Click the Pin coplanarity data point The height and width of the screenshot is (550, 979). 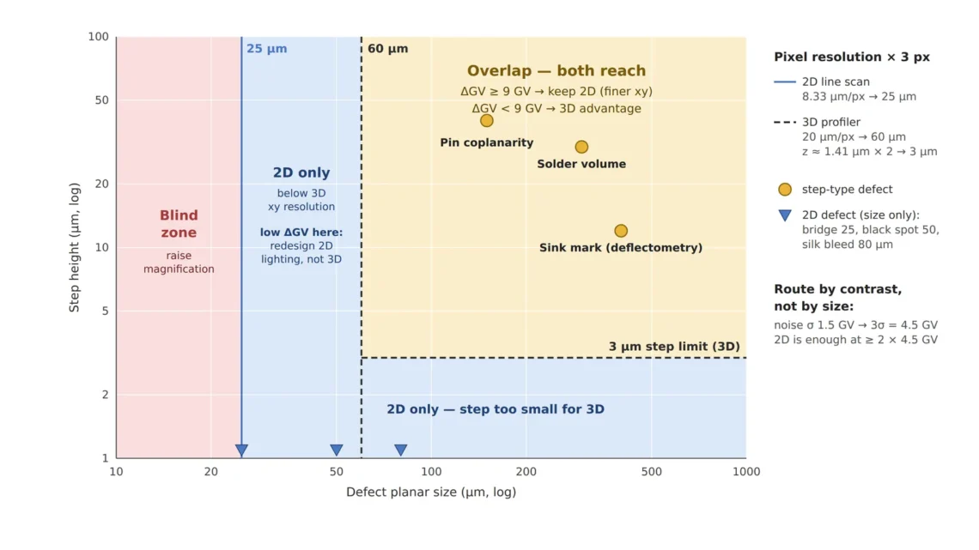point(486,121)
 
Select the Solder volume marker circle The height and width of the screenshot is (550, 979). point(581,148)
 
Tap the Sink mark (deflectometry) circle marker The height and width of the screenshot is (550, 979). point(621,231)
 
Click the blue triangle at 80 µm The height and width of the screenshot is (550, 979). point(401,450)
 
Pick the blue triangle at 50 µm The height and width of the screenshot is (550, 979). point(337,450)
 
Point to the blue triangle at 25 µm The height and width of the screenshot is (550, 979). point(241,450)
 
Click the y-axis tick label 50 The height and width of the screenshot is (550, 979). point(102,100)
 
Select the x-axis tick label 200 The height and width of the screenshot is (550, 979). point(526,472)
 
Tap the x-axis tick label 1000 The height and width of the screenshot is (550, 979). point(746,472)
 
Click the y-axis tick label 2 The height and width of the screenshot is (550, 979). point(105,395)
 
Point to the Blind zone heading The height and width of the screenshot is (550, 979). point(179,224)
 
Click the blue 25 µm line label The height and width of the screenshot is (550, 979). point(266,49)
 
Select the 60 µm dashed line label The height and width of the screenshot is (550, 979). point(387,49)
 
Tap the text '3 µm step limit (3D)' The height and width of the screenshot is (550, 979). point(674,347)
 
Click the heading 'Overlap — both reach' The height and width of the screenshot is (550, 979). point(556,71)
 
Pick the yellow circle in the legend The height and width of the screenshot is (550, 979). point(785,190)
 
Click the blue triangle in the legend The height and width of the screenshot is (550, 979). point(785,215)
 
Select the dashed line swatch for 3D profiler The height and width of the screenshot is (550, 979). point(785,122)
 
